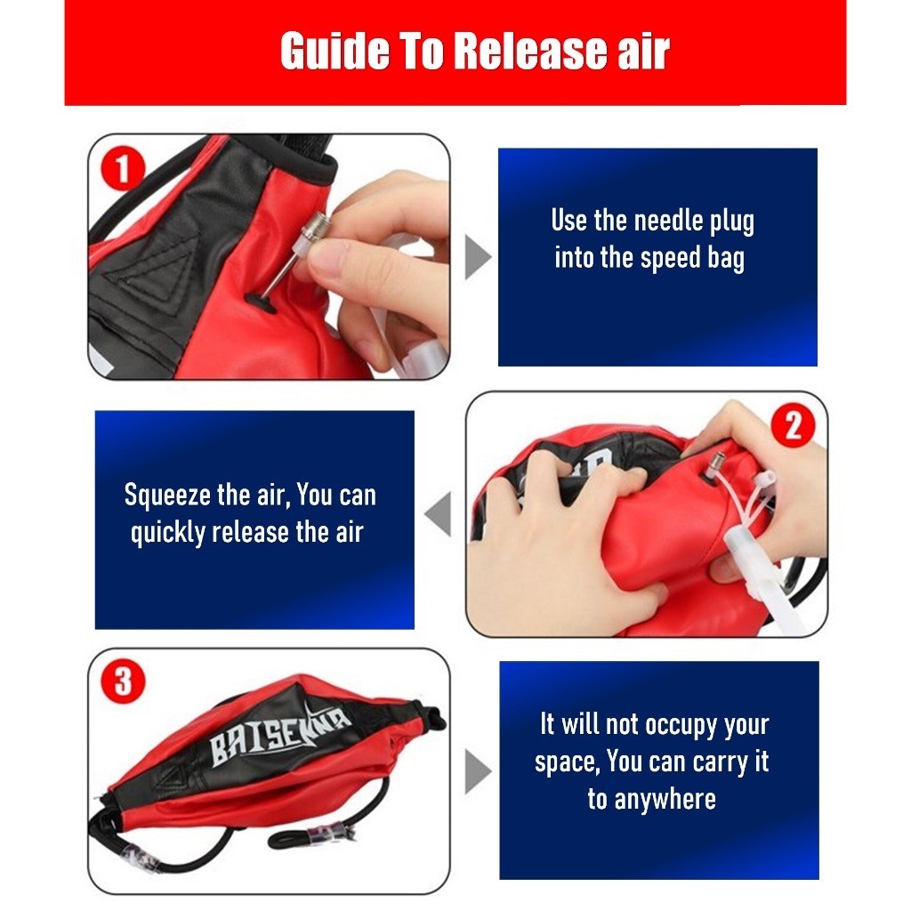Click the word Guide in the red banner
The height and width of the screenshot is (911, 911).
click(335, 51)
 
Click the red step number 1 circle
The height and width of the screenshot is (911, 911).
click(123, 168)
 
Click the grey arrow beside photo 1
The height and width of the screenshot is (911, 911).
click(478, 257)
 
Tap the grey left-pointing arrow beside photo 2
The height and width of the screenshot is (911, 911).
click(438, 514)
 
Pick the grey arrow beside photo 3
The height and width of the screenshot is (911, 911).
click(478, 771)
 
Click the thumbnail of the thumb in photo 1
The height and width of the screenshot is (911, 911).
click(329, 254)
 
